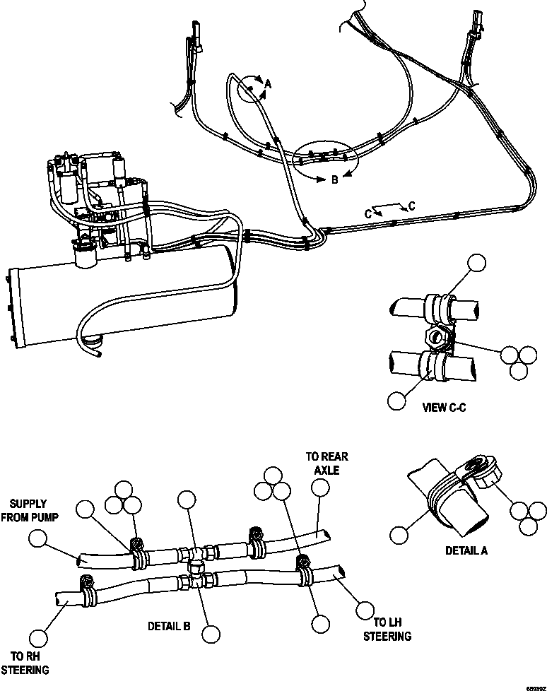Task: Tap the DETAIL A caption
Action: tap(465, 550)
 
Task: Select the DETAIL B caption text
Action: tap(168, 625)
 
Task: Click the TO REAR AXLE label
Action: tap(327, 463)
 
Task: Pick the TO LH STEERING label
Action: tap(387, 629)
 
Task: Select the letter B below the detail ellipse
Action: tap(335, 180)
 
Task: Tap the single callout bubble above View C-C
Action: tap(478, 264)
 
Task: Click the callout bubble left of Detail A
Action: tap(400, 535)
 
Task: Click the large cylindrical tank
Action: tap(120, 304)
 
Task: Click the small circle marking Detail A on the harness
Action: tap(249, 90)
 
